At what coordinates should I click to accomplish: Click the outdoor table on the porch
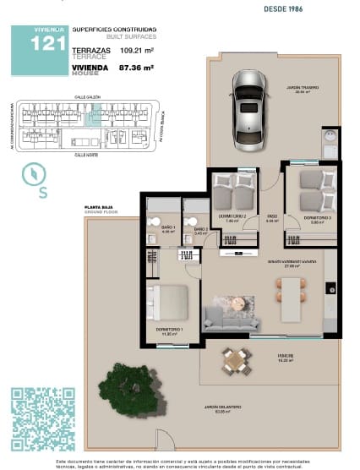(234, 362)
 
